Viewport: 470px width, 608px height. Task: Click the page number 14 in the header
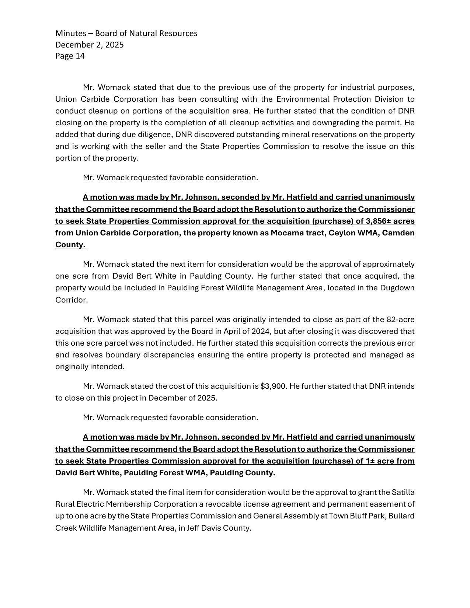[x=80, y=56]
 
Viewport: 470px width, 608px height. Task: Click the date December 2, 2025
[x=90, y=45]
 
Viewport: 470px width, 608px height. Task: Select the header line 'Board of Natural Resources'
[x=146, y=34]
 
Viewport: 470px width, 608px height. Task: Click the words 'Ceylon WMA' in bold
[x=352, y=233]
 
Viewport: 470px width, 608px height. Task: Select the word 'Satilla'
[x=403, y=492]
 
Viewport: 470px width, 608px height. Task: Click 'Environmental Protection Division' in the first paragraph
[x=336, y=99]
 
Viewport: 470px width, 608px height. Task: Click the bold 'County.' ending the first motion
[x=70, y=245]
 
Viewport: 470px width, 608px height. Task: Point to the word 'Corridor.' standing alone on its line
[x=72, y=300]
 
